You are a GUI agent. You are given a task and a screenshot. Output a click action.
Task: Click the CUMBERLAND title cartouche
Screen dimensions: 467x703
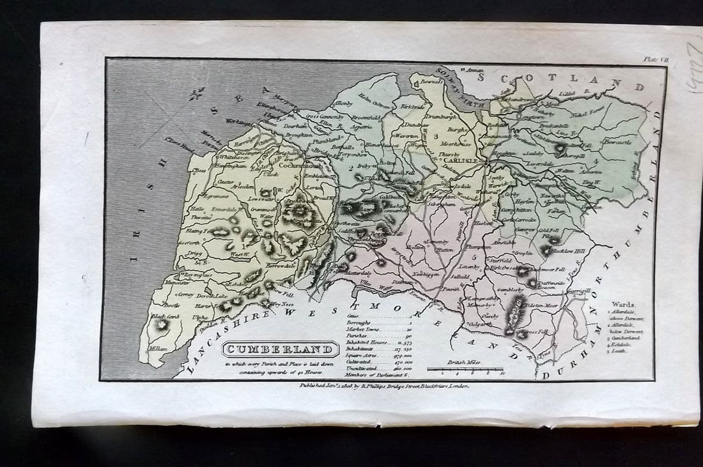pos(281,349)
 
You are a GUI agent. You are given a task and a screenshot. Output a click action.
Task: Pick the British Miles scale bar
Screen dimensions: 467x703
pos(465,369)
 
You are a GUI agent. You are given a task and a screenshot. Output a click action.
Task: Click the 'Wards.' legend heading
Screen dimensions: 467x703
pos(622,305)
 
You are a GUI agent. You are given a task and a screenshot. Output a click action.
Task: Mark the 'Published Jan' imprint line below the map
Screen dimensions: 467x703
pos(383,386)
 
